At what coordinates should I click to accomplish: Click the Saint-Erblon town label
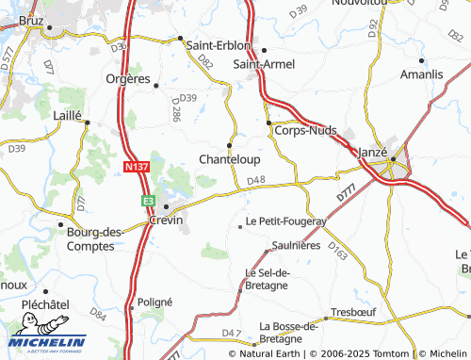pyautogui.click(x=219, y=45)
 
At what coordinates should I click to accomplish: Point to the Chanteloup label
pyautogui.click(x=229, y=160)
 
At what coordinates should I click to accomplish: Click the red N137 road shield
pyautogui.click(x=138, y=167)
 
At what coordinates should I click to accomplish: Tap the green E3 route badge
pyautogui.click(x=148, y=201)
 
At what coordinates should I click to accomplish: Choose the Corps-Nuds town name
pyautogui.click(x=304, y=131)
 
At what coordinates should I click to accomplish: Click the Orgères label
pyautogui.click(x=129, y=79)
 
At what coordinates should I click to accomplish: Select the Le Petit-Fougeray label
pyautogui.click(x=285, y=222)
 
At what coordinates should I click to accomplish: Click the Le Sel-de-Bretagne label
pyautogui.click(x=268, y=279)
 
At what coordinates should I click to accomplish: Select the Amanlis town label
pyautogui.click(x=421, y=74)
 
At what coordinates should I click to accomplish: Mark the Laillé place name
pyautogui.click(x=69, y=114)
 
